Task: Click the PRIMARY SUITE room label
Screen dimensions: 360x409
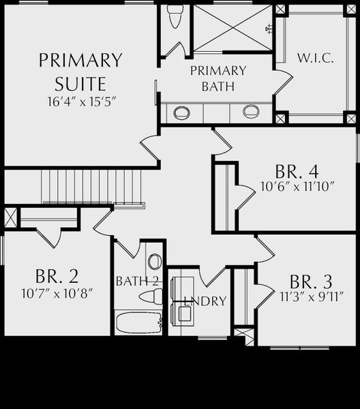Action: [80, 72]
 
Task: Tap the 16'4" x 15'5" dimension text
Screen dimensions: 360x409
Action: [81, 102]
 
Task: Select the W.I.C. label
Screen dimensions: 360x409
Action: [316, 58]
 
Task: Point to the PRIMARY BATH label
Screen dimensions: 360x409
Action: [218, 78]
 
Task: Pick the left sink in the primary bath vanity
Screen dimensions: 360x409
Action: [181, 112]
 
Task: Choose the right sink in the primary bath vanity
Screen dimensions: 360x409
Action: [251, 111]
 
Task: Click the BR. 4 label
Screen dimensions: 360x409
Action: [297, 172]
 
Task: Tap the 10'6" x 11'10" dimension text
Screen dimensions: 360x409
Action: [297, 187]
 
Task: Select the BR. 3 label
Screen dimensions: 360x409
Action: [311, 282]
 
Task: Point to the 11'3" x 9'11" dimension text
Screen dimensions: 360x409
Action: [312, 297]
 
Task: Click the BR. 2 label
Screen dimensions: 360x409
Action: [57, 276]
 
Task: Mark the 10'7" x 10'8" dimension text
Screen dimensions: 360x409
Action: [57, 294]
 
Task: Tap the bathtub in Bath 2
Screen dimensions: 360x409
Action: [139, 322]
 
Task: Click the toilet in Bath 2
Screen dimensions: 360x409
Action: [151, 297]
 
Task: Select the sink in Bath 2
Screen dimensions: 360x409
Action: [155, 261]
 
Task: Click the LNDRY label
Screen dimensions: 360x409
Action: [205, 301]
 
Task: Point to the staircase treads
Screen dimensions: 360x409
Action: [91, 187]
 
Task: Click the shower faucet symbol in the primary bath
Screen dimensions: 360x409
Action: [269, 29]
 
